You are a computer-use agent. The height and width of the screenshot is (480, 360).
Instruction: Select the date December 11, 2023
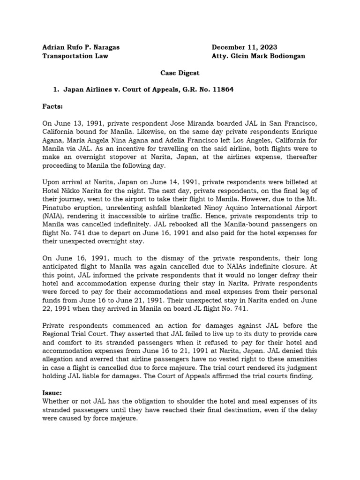coord(244,47)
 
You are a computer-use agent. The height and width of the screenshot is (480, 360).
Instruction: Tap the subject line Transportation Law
coord(75,56)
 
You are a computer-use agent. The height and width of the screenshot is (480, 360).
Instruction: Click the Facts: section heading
coord(52,106)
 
